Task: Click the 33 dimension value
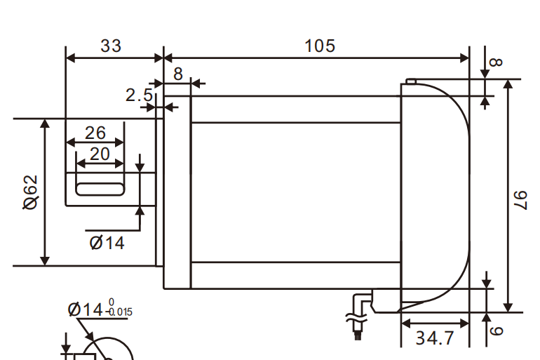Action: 111,46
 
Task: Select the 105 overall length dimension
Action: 320,46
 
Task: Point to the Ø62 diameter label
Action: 30,192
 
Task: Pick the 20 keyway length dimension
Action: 99,154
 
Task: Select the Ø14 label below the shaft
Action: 107,243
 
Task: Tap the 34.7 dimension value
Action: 435,338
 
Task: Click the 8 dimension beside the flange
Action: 177,74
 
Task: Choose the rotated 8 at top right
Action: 496,62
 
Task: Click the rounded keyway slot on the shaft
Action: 100,188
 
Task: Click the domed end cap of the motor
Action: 438,189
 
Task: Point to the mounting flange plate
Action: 177,189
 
